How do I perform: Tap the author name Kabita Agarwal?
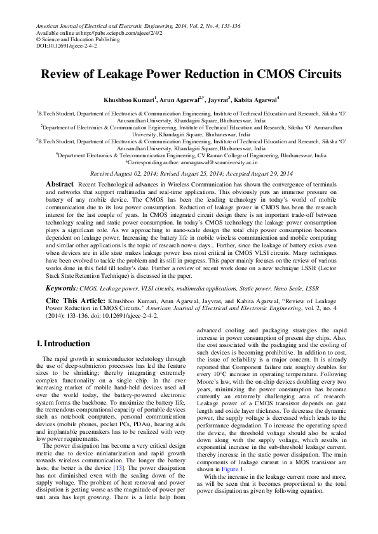pos(255,100)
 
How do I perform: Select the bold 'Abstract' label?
pos(60,184)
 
